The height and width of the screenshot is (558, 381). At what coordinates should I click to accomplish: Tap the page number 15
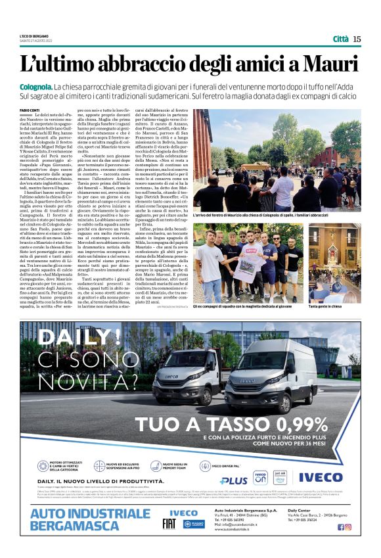coord(357,39)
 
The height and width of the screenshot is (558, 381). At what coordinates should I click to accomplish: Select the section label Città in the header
coord(340,39)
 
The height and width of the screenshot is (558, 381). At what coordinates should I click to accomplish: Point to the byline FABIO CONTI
coord(30,110)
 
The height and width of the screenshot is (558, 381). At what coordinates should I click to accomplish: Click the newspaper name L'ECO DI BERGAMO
coord(34,35)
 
